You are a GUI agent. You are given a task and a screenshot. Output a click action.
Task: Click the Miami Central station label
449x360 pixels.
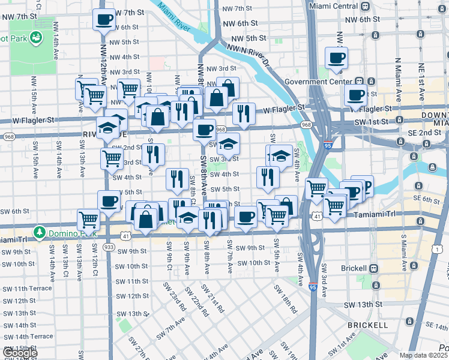pyautogui.click(x=333, y=5)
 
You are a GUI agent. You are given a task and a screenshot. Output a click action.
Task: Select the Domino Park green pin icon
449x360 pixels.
pyautogui.click(x=40, y=231)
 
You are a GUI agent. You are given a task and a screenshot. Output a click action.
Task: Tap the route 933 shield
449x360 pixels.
pyautogui.click(x=109, y=247)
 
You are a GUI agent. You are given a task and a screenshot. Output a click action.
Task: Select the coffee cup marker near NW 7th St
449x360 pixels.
pyautogui.click(x=104, y=19)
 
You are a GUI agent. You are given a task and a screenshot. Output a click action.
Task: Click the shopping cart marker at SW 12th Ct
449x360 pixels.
pyautogui.click(x=89, y=220)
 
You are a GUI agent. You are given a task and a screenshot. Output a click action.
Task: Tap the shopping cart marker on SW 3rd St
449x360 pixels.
pyautogui.click(x=112, y=158)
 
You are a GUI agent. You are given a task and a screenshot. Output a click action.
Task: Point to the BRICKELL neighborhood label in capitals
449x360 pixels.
pyautogui.click(x=367, y=325)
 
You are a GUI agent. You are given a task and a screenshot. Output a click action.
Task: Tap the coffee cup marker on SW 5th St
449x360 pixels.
pyautogui.click(x=109, y=200)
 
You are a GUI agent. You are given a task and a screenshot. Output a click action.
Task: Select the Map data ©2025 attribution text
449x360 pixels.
pyautogui.click(x=423, y=356)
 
